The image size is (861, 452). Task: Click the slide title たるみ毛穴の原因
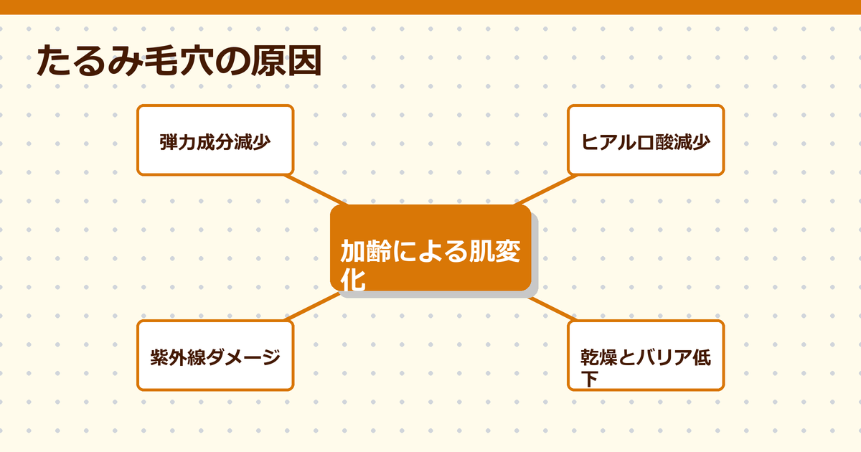(178, 62)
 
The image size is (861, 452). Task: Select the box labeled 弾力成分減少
(215, 140)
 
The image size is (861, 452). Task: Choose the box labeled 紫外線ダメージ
(215, 356)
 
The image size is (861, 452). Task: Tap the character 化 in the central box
(353, 279)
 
